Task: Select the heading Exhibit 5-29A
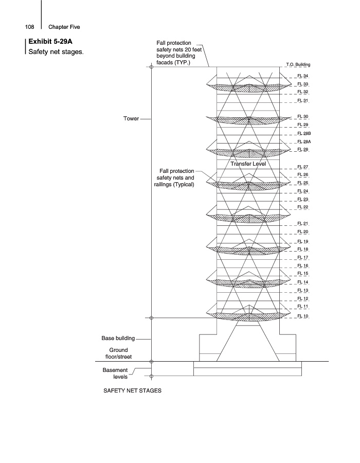[x=50, y=41]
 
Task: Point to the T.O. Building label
[x=298, y=65]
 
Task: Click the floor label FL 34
[x=302, y=76]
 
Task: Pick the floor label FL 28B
[x=303, y=133]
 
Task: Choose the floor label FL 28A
[x=303, y=141]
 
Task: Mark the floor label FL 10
[x=302, y=315]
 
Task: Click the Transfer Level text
[x=247, y=164]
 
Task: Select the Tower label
[x=131, y=118]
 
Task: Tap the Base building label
[x=118, y=339]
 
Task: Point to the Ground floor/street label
[x=118, y=353]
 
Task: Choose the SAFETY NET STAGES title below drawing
[x=133, y=390]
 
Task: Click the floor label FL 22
[x=302, y=207]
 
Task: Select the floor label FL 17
[x=302, y=257]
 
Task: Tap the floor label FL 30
[x=302, y=117]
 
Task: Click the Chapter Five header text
[x=64, y=27]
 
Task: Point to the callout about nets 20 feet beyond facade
[x=173, y=52]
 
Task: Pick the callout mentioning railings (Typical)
[x=174, y=178]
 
